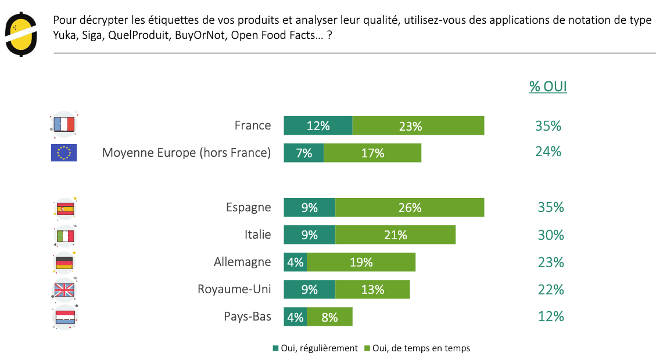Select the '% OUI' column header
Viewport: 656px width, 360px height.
[x=548, y=87]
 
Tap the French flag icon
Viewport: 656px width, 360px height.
[x=64, y=125]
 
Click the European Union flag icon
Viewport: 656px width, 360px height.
[x=64, y=153]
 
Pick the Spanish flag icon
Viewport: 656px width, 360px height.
[x=64, y=208]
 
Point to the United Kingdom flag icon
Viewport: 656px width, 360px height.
[x=64, y=290]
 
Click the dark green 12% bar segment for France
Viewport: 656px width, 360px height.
[x=318, y=125]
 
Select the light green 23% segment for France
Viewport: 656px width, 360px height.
[x=418, y=125]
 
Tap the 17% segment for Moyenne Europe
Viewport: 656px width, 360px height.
[x=372, y=153]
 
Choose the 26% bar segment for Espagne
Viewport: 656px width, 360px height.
[x=410, y=207]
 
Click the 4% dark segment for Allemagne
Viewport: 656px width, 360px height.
[x=295, y=262]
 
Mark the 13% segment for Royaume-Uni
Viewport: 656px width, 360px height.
[x=372, y=289]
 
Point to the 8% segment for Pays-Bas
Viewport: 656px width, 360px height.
[x=329, y=316]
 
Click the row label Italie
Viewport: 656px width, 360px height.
[x=257, y=235]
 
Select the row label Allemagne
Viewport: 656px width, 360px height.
[x=242, y=262]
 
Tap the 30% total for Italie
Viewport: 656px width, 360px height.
[x=550, y=235]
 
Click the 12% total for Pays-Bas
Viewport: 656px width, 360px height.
[x=550, y=316]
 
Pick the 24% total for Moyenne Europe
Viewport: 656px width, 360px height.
[x=548, y=152]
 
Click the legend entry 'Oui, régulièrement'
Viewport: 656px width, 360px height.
[x=315, y=348]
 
